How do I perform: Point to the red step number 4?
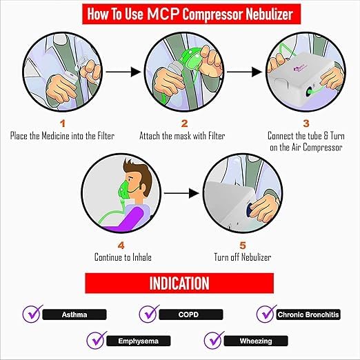click(x=122, y=244)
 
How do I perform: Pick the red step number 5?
click(x=242, y=244)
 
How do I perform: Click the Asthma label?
click(x=75, y=314)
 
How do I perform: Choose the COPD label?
click(x=189, y=314)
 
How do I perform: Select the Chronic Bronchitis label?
click(x=308, y=314)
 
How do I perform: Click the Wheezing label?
click(x=257, y=341)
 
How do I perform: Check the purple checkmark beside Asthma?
click(x=32, y=312)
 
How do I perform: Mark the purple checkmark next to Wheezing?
click(x=214, y=339)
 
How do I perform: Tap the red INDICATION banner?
click(x=179, y=283)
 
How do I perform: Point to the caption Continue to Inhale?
click(x=123, y=257)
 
